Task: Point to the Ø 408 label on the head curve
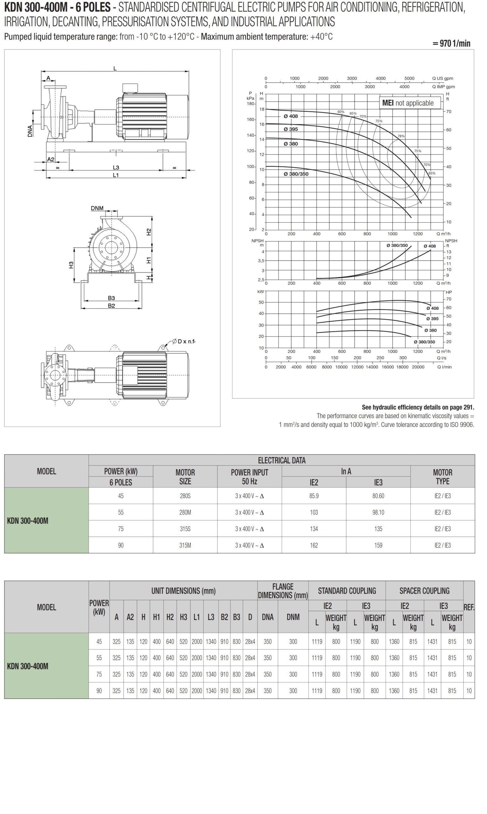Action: [291, 116]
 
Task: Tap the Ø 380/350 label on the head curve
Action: [296, 174]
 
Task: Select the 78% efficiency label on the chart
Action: [401, 136]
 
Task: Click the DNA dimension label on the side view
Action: [30, 131]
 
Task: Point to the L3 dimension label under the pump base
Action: [116, 167]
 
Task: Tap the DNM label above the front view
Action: [97, 208]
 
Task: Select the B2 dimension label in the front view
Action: [112, 306]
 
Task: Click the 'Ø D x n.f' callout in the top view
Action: [183, 341]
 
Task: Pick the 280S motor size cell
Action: [185, 496]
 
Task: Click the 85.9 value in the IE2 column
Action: [314, 496]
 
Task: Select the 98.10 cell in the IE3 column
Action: [378, 512]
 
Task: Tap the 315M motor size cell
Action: [185, 545]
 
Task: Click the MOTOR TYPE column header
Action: [442, 477]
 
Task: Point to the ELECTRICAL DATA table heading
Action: [282, 460]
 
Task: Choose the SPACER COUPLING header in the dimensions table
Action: [424, 591]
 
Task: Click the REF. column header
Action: [469, 607]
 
